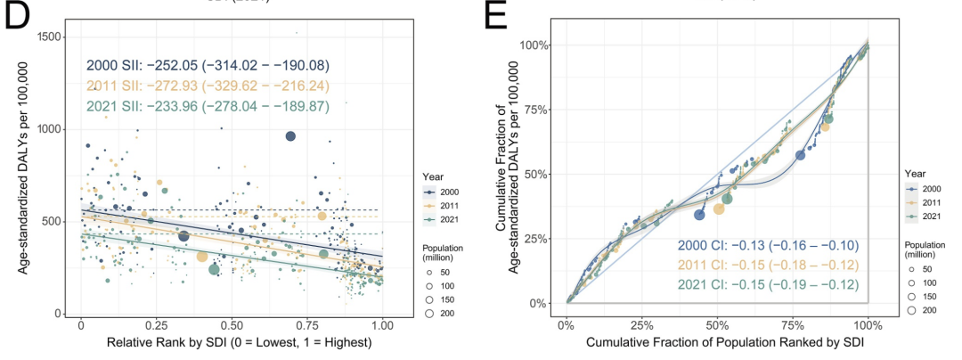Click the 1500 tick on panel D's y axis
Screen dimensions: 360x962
55,36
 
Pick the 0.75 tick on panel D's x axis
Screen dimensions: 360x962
308,326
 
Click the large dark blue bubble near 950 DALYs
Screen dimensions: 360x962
290,135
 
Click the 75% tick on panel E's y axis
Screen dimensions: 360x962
534,110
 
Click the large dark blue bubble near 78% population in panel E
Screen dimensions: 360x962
800,155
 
